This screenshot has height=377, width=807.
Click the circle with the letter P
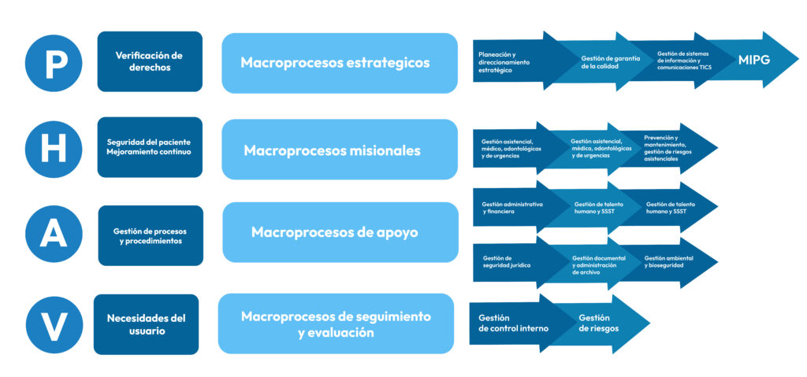click(x=54, y=63)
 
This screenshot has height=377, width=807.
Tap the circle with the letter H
click(x=54, y=150)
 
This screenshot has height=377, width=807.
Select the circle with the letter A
click(x=54, y=234)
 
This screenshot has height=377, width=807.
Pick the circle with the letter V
click(x=54, y=325)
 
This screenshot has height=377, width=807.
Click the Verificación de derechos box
click(x=150, y=61)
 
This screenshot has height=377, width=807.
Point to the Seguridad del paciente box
click(x=150, y=147)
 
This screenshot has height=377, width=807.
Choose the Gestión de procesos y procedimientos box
click(x=151, y=235)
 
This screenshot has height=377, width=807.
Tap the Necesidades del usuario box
click(x=146, y=324)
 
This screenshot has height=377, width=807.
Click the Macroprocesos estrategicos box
click(x=340, y=63)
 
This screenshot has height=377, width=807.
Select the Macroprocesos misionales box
click(x=340, y=150)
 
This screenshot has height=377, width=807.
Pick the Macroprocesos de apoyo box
click(x=340, y=232)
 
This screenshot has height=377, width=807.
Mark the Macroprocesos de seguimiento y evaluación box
click(x=336, y=324)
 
